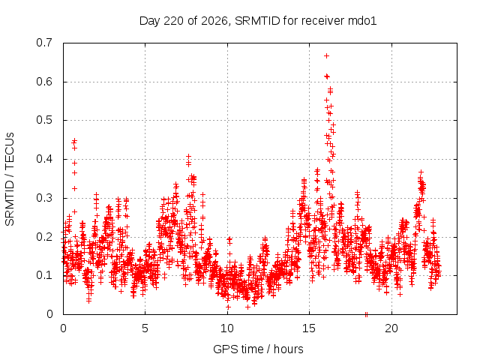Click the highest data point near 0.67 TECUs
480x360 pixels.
[327, 55]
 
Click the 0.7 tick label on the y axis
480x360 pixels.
[44, 43]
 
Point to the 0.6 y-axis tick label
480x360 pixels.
[44, 82]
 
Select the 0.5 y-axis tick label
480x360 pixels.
[44, 120]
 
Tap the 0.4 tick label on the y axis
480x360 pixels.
[44, 159]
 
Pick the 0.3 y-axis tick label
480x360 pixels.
[44, 198]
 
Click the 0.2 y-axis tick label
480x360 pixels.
[44, 236]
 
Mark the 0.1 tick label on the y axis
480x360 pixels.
[44, 275]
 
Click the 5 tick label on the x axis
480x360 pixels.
[145, 328]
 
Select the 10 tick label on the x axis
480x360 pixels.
[227, 328]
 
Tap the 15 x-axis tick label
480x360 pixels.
[309, 328]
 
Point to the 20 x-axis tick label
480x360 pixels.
[391, 328]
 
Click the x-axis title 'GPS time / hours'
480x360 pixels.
[258, 349]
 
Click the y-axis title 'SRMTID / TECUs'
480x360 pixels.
[10, 179]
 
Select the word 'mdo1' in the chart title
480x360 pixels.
[362, 21]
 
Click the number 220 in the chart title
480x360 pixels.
[173, 21]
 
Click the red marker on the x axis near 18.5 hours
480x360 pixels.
[366, 314]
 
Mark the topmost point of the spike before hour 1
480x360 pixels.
[74, 141]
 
